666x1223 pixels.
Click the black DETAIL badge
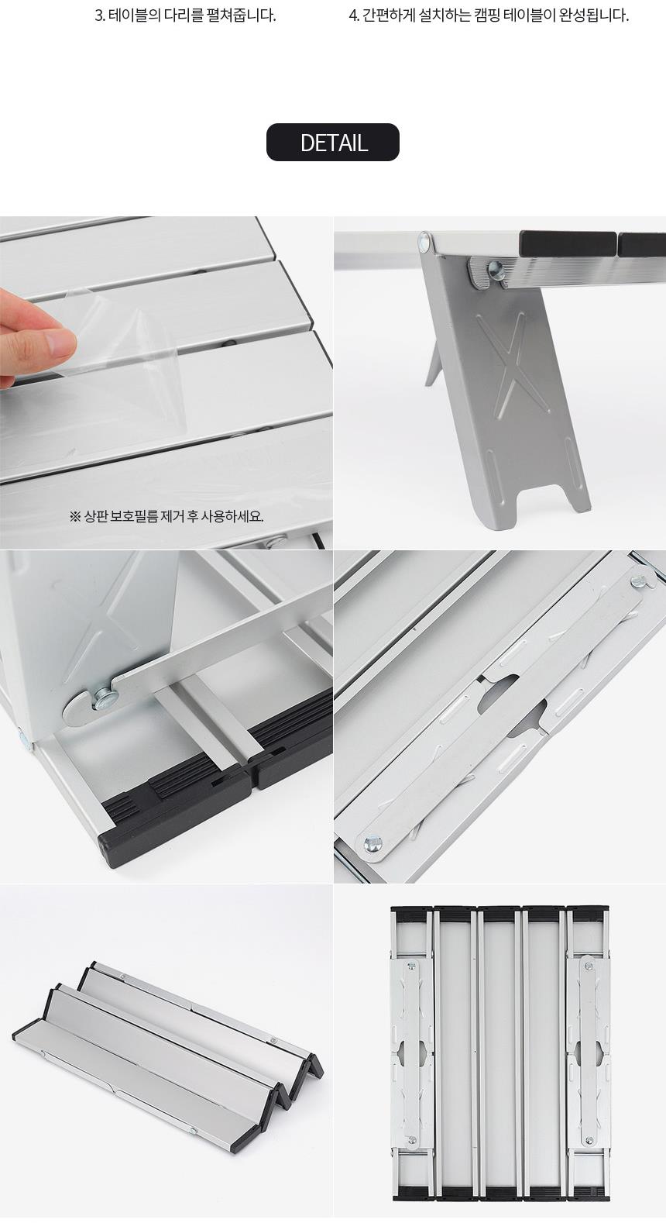[x=333, y=143]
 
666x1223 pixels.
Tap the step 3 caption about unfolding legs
[x=185, y=16]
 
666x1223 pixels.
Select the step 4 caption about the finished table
[x=489, y=16]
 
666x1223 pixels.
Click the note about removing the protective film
[x=166, y=516]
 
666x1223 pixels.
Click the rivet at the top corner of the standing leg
[x=425, y=241]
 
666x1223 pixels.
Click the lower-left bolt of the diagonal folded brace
[x=372, y=843]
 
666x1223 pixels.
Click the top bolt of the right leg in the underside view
[x=589, y=967]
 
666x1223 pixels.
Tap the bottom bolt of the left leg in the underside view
[x=412, y=1140]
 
